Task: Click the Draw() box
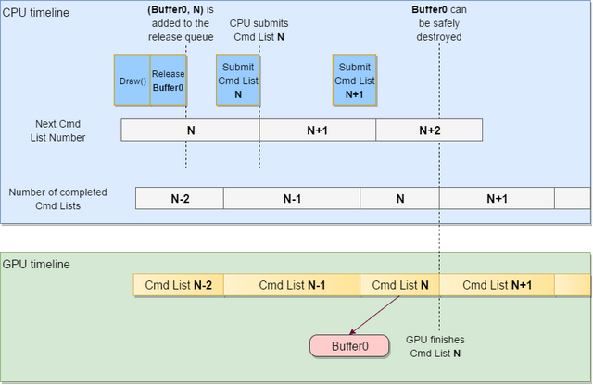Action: tap(132, 81)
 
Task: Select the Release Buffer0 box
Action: tap(169, 81)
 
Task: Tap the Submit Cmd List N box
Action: tap(238, 80)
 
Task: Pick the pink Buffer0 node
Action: tap(350, 346)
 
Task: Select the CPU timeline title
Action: tap(36, 12)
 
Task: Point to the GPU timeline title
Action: tap(37, 264)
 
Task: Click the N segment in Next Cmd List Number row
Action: tap(190, 130)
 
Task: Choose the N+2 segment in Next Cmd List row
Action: tap(429, 130)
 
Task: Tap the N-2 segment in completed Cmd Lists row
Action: tap(180, 198)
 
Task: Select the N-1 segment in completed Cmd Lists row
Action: tap(292, 198)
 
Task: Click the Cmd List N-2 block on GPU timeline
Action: tap(179, 285)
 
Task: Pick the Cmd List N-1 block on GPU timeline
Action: tap(292, 285)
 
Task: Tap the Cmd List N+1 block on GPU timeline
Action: tap(497, 285)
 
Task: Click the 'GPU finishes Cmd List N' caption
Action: tap(435, 346)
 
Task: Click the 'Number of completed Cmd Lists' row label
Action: tap(57, 199)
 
